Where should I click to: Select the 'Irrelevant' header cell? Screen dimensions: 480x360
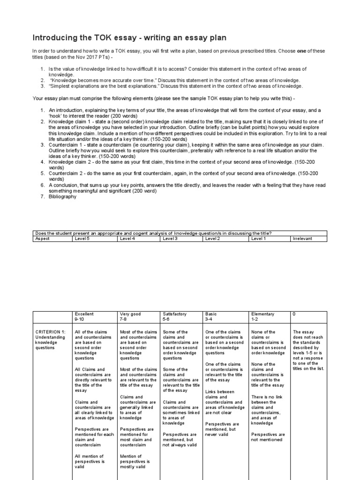click(302, 239)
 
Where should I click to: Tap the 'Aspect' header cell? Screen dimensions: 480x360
click(43, 239)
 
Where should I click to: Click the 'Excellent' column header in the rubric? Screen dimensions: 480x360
click(84, 314)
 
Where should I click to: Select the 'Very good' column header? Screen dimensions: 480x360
click(130, 314)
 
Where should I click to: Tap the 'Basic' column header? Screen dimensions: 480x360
click(211, 314)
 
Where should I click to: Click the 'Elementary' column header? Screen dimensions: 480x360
click(263, 314)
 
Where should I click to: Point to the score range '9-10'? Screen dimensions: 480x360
click(80, 319)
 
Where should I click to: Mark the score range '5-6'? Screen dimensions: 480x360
click(167, 319)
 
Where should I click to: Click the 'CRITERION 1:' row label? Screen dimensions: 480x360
click(51, 332)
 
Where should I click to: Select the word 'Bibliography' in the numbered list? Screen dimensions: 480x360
click(62, 197)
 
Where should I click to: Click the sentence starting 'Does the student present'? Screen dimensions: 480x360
click(153, 233)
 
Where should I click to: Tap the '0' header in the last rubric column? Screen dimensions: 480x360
click(294, 314)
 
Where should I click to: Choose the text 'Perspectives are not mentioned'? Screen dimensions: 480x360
click(268, 437)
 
